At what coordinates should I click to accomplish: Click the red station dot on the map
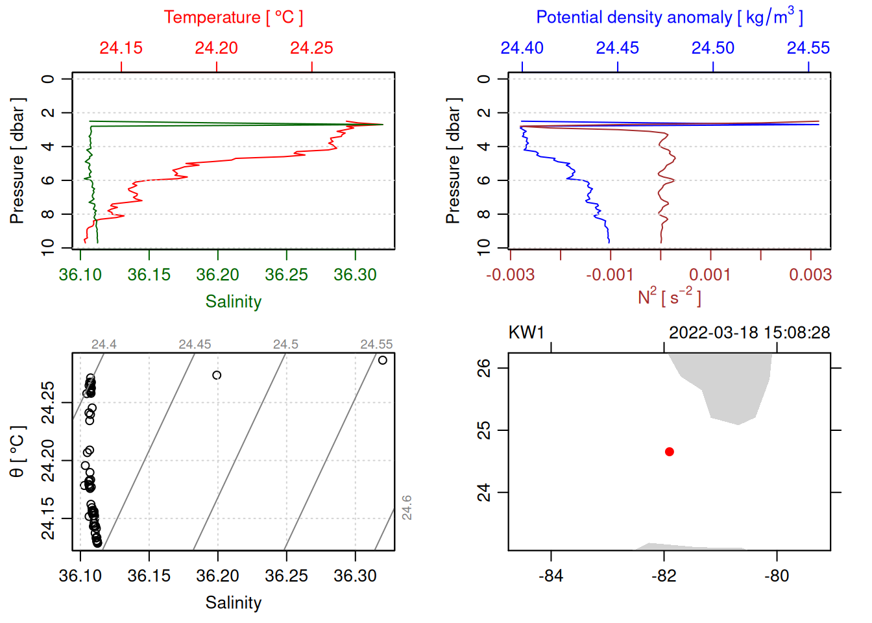pyautogui.click(x=669, y=452)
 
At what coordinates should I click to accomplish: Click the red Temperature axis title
pyautogui.click(x=233, y=18)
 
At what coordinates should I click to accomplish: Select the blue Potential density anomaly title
pyautogui.click(x=669, y=18)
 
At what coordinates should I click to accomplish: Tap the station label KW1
pyautogui.click(x=526, y=333)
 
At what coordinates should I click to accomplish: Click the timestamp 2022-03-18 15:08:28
pyautogui.click(x=749, y=333)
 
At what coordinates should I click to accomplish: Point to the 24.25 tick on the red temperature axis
pyautogui.click(x=311, y=48)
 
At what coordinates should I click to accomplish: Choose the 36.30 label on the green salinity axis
pyautogui.click(x=355, y=275)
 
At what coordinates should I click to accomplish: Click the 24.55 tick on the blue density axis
pyautogui.click(x=808, y=48)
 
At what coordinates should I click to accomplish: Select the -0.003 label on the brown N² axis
pyautogui.click(x=511, y=275)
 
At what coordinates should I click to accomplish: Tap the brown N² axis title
pyautogui.click(x=669, y=297)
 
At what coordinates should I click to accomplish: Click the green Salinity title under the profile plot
pyautogui.click(x=233, y=302)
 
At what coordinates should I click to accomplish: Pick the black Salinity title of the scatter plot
pyautogui.click(x=233, y=603)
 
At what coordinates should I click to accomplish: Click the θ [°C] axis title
pyautogui.click(x=18, y=452)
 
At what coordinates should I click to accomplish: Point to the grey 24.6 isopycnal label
pyautogui.click(x=407, y=507)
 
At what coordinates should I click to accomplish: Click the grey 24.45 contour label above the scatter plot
pyautogui.click(x=195, y=345)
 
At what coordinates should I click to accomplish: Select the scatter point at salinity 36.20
pyautogui.click(x=217, y=375)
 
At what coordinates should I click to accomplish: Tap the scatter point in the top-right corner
pyautogui.click(x=383, y=360)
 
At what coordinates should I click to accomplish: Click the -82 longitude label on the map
pyautogui.click(x=664, y=576)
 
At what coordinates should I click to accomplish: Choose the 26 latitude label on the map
pyautogui.click(x=485, y=368)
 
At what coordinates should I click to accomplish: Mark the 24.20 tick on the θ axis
pyautogui.click(x=48, y=461)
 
